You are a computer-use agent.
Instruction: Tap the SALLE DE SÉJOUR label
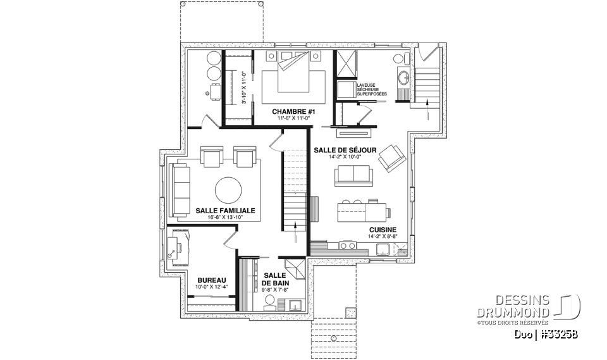point(345,150)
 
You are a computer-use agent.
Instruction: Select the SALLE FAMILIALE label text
point(224,211)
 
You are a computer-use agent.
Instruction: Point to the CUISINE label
point(383,230)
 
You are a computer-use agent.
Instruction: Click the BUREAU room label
point(211,280)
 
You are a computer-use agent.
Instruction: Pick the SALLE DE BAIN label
point(275,279)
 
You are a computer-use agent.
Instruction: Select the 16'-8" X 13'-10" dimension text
point(224,218)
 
